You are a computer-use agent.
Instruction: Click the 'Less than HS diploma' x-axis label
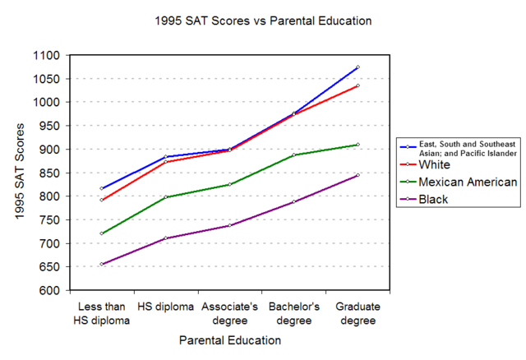tap(100, 313)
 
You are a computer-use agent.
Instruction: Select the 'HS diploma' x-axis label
tap(164, 307)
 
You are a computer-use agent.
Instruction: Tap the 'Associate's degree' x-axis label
tap(228, 313)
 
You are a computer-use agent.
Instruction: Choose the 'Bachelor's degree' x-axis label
tap(293, 313)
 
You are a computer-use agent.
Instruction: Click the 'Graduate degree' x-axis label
tap(358, 313)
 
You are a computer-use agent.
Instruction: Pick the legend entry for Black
tap(436, 199)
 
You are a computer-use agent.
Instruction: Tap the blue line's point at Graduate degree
tap(358, 67)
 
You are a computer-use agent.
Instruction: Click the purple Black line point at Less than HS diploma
tap(101, 264)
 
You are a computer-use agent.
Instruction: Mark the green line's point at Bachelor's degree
tap(293, 155)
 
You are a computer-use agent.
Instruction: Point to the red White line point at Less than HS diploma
tap(101, 200)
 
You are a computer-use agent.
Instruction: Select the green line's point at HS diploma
tap(165, 197)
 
